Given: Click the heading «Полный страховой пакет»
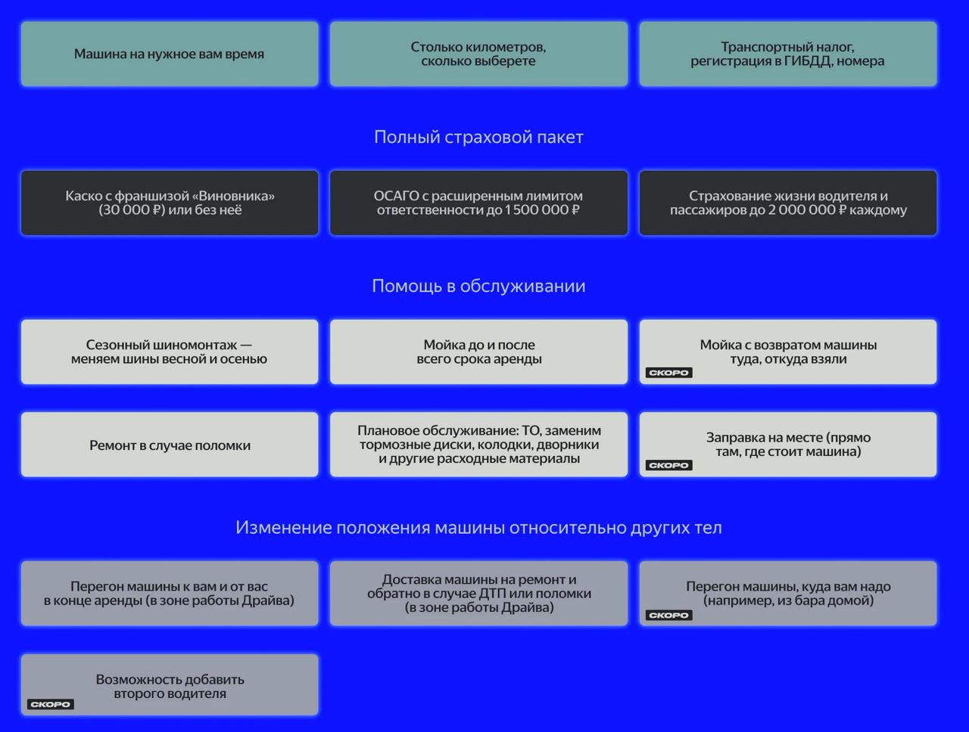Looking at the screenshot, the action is (x=478, y=137).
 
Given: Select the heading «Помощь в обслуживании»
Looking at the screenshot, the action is (x=478, y=286).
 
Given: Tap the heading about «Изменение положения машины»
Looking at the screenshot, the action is (x=478, y=527).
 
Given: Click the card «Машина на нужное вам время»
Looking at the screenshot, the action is (x=170, y=54).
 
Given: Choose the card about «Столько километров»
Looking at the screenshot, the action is (x=478, y=54).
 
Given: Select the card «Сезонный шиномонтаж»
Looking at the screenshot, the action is (x=170, y=352).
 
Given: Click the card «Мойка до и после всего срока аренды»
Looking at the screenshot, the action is (x=478, y=352).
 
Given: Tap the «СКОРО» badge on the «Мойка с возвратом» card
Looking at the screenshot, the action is (x=668, y=373).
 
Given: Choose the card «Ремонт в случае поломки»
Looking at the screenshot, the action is (x=170, y=445).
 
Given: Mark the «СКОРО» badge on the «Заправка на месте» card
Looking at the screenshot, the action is (x=668, y=465).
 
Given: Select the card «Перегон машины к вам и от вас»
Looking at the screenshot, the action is (x=170, y=593).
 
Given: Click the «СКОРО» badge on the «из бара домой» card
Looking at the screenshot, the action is (x=668, y=615).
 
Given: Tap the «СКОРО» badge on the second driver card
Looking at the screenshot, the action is (x=50, y=704).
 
